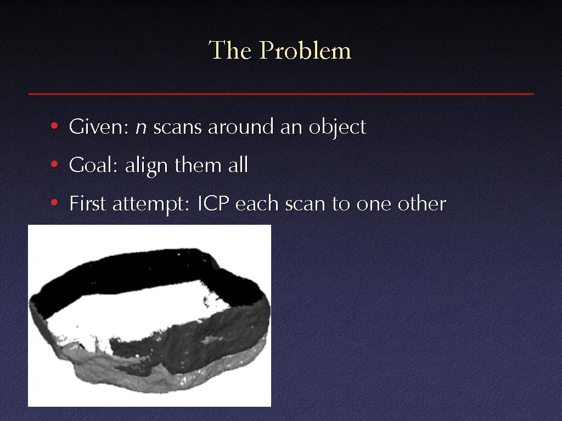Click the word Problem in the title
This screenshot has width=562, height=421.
pos(305,50)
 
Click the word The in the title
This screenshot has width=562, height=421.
pos(230,50)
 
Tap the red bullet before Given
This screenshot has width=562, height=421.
pos(54,126)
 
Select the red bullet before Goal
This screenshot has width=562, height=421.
pos(54,164)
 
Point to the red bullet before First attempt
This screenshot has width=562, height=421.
pos(54,203)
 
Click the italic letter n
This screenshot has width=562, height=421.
pos(141,128)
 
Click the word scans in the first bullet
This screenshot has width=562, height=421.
pos(177,128)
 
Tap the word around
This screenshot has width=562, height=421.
pos(241,127)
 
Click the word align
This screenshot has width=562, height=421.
pos(146,167)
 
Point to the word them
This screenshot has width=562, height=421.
pos(198,166)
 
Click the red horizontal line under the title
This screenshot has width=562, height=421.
pos(281,94)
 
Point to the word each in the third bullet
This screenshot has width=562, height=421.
pos(257,203)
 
